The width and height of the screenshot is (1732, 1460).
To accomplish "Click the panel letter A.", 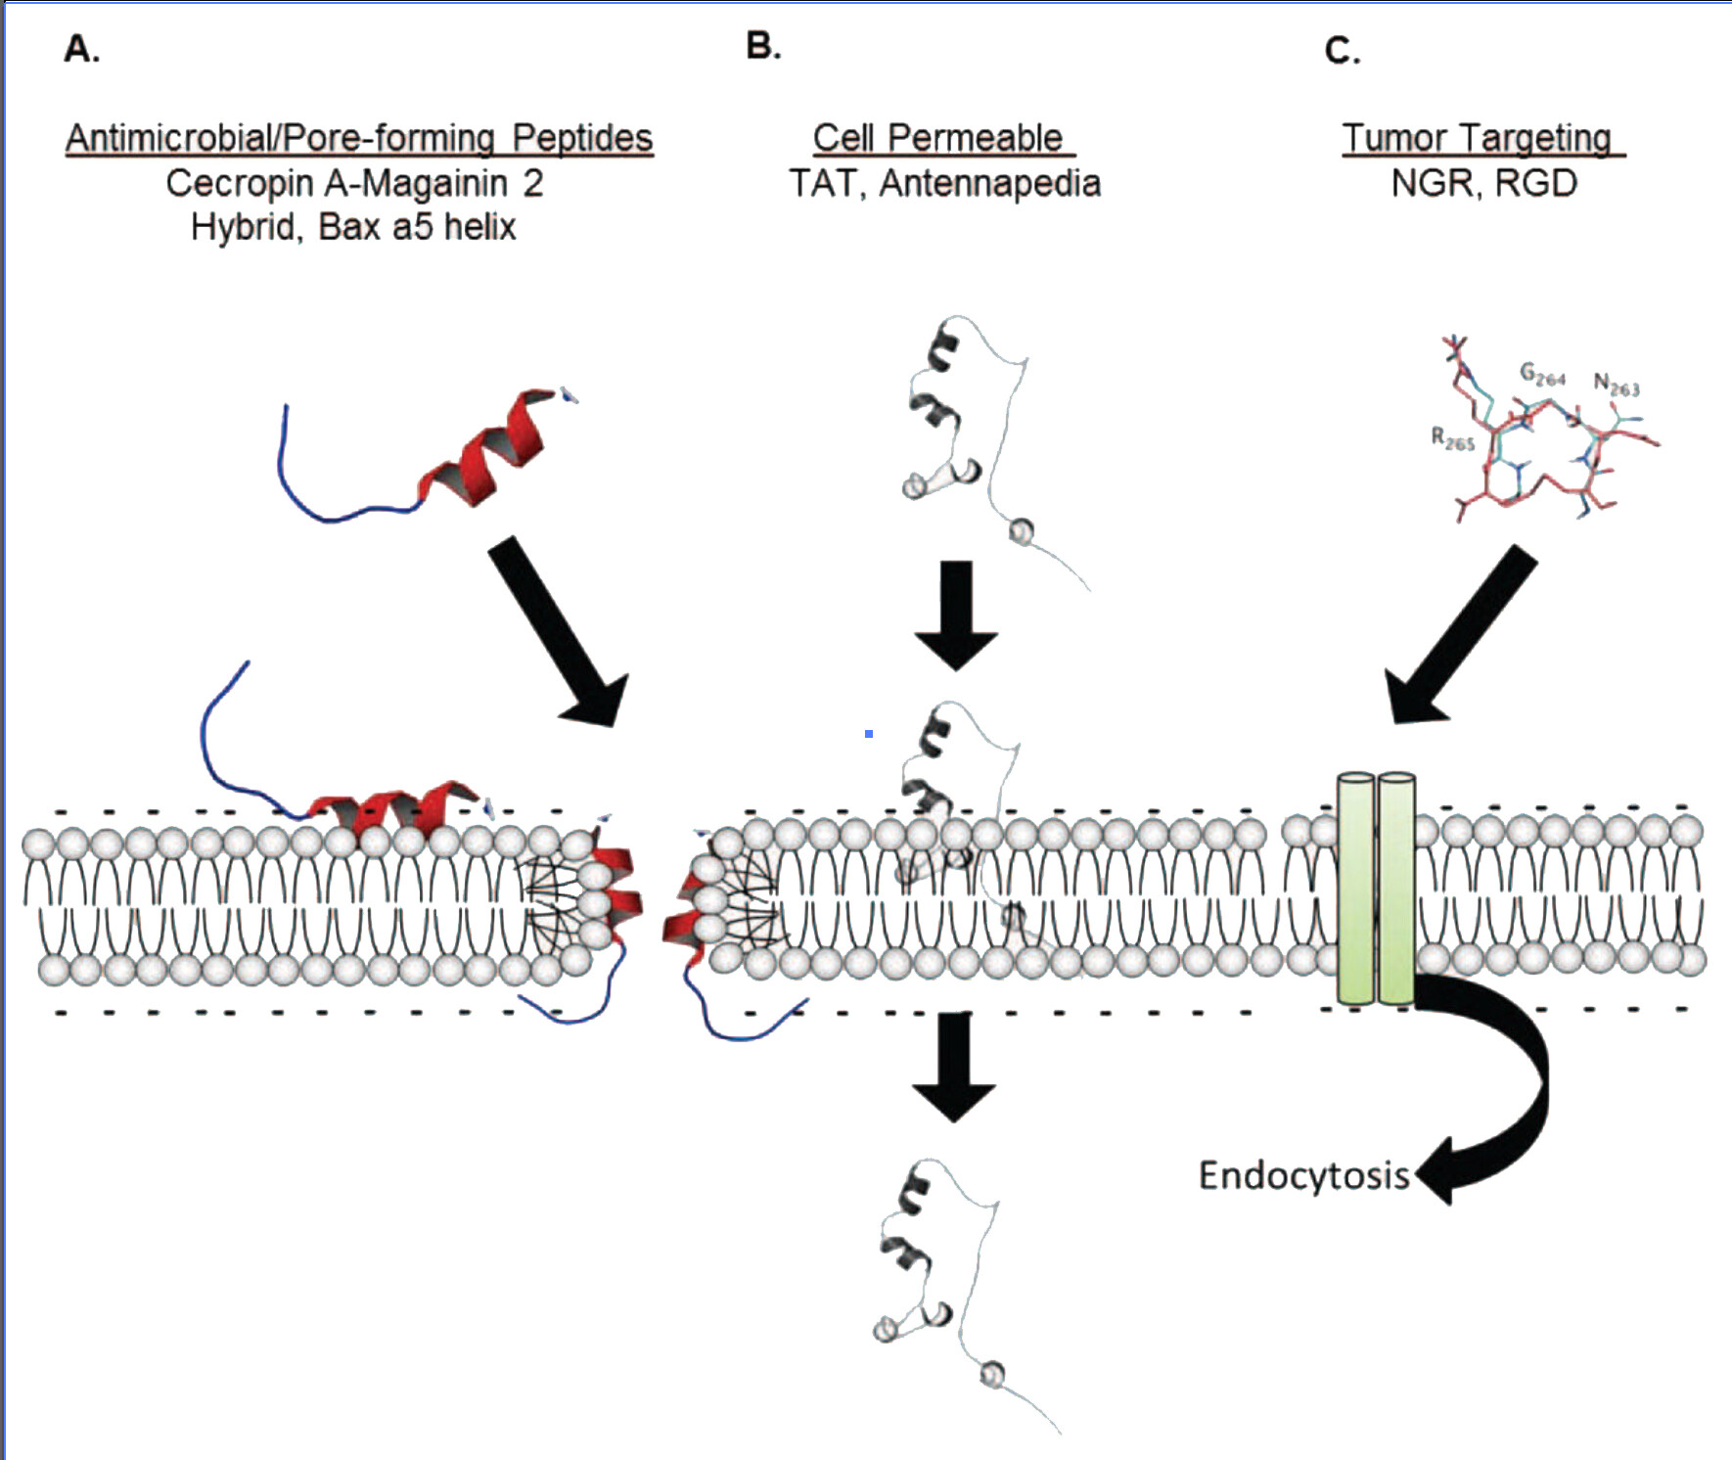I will coord(80,48).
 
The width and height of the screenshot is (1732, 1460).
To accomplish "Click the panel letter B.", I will coord(762,46).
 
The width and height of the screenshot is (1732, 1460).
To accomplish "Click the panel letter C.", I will coord(1342,50).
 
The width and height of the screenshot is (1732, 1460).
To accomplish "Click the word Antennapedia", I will coord(989,184).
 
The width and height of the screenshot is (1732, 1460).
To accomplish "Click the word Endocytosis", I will coord(1303,1175).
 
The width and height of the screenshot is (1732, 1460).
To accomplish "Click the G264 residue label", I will coord(1542,374).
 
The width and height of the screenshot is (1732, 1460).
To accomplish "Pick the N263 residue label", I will coord(1616,385).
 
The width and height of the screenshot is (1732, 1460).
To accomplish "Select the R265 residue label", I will coord(1452,439).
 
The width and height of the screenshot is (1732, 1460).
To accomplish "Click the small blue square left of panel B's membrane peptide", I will coord(868,733).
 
